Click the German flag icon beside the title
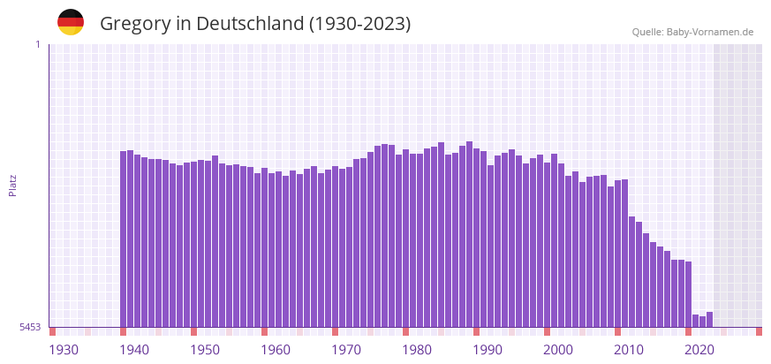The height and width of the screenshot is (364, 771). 71,22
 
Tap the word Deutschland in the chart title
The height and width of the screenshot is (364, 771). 249,24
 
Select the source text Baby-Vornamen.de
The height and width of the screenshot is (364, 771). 710,32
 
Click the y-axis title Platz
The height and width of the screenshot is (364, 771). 12,186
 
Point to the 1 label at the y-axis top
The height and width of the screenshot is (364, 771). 37,44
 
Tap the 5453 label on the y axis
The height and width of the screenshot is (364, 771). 30,327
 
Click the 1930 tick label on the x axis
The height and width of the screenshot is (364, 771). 64,350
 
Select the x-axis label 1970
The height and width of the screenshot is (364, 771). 346,350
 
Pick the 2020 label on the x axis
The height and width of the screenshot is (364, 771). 699,350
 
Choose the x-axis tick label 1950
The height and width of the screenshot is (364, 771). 205,350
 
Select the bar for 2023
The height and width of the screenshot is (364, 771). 709,320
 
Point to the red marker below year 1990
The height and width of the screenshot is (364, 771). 476,331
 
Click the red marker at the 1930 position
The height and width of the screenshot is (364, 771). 52,331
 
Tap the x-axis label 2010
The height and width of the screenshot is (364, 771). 629,350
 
